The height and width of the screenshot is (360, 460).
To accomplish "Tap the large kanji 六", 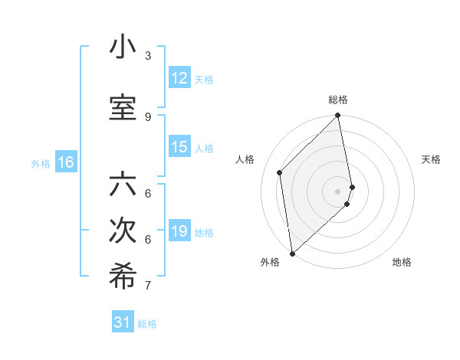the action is pos(123,185).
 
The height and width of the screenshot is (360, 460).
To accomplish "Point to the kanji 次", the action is pos(123,231).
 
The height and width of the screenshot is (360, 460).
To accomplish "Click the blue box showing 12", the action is pos(179,78).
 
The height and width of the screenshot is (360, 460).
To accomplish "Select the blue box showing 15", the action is pos(179,147).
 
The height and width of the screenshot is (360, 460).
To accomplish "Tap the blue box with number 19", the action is pos(179,231).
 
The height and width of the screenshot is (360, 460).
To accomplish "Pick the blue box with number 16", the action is pos(65,162).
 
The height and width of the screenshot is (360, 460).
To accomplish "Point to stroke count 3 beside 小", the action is pos(148,55).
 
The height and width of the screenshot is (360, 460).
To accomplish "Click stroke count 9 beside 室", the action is pos(148,116).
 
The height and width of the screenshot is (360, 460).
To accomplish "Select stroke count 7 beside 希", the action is pos(148,286).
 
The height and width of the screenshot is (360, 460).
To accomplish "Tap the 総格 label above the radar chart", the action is pos(338,100).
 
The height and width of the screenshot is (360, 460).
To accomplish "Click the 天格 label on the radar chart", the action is pos(432,159).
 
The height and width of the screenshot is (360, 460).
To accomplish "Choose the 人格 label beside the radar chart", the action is pos(245,159).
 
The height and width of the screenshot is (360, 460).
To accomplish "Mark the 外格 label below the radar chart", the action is pos(270,262).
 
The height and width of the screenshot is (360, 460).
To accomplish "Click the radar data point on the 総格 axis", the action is pos(338,116).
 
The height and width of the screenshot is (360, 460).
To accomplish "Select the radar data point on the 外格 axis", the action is pos(292,253).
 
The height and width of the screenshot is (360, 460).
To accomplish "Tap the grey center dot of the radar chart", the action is pos(338,191).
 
